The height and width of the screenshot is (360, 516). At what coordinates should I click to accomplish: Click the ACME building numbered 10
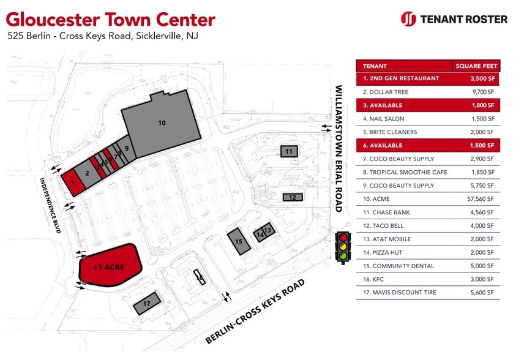[162, 122]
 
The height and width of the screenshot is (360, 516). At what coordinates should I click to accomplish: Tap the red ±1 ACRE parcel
[110, 267]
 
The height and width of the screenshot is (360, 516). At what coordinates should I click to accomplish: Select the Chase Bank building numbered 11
[289, 151]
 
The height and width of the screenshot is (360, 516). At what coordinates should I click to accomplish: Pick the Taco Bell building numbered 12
[293, 197]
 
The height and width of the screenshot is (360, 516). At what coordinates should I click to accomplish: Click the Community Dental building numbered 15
[239, 241]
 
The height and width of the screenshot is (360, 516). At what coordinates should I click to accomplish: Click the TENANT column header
[375, 66]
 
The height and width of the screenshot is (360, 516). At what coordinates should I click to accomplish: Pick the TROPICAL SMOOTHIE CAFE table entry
[405, 172]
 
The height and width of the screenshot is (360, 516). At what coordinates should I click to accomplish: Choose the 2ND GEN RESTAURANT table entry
[401, 78]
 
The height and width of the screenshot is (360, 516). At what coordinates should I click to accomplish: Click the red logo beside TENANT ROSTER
[408, 19]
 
